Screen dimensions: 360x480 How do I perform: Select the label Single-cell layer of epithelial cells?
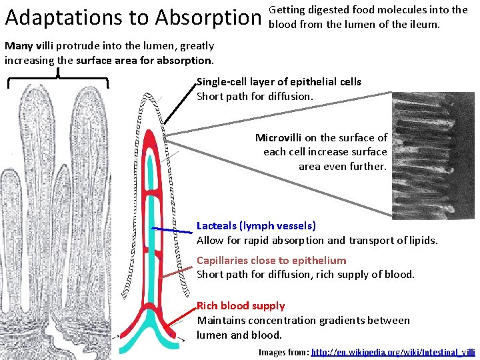(279, 82)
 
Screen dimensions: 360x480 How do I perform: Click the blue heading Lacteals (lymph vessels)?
(256, 226)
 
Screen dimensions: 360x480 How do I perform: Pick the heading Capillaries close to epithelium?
(271, 260)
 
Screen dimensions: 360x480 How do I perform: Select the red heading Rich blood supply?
(241, 306)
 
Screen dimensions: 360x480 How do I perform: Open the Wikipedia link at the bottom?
(393, 351)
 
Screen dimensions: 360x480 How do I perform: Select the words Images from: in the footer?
(283, 351)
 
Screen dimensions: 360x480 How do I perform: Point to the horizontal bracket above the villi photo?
(59, 79)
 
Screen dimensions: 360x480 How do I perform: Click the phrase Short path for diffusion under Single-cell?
(254, 96)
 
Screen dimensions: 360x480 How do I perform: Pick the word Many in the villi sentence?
(17, 46)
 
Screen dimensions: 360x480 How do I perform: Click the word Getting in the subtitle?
(287, 10)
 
